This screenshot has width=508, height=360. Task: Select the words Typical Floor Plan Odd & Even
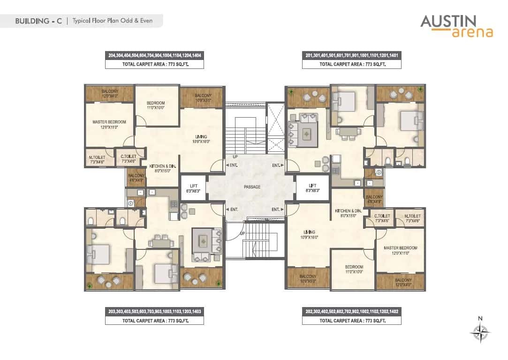[x=112, y=21]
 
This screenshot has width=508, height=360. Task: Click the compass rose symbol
[x=480, y=334]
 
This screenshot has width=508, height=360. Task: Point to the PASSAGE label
[x=252, y=187]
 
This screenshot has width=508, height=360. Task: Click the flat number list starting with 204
[x=154, y=55]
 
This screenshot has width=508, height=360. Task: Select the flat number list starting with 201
[x=352, y=55]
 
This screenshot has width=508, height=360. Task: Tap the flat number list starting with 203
[x=154, y=311]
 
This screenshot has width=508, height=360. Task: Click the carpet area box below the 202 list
[x=352, y=321]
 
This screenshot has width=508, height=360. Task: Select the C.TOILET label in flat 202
[x=381, y=217]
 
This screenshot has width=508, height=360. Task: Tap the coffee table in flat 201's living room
[x=307, y=134]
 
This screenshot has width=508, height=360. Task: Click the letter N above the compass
[x=480, y=319]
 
